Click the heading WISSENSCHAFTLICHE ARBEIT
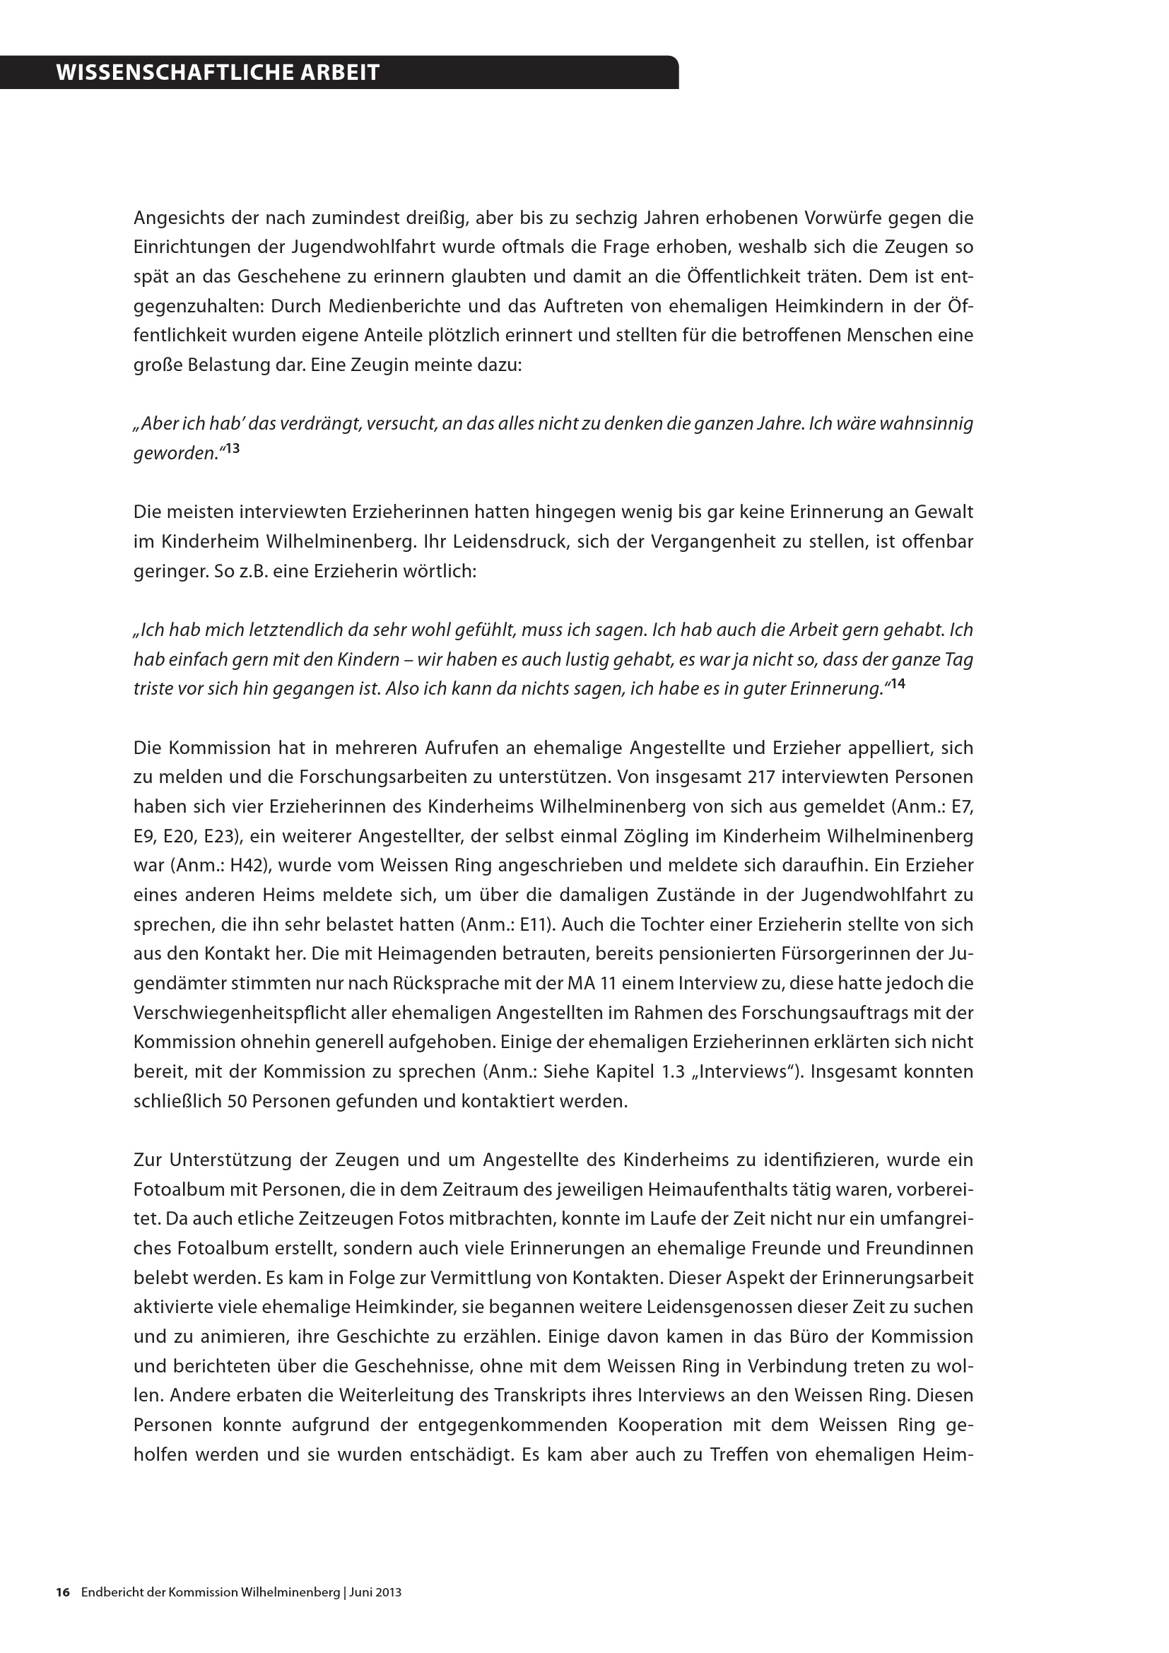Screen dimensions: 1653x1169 pos(218,73)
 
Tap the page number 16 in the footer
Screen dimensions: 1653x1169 pos(63,1592)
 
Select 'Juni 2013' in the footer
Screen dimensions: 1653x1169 pos(376,1592)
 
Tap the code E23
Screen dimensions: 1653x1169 pos(222,837)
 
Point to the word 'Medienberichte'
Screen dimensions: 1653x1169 pos(394,306)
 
